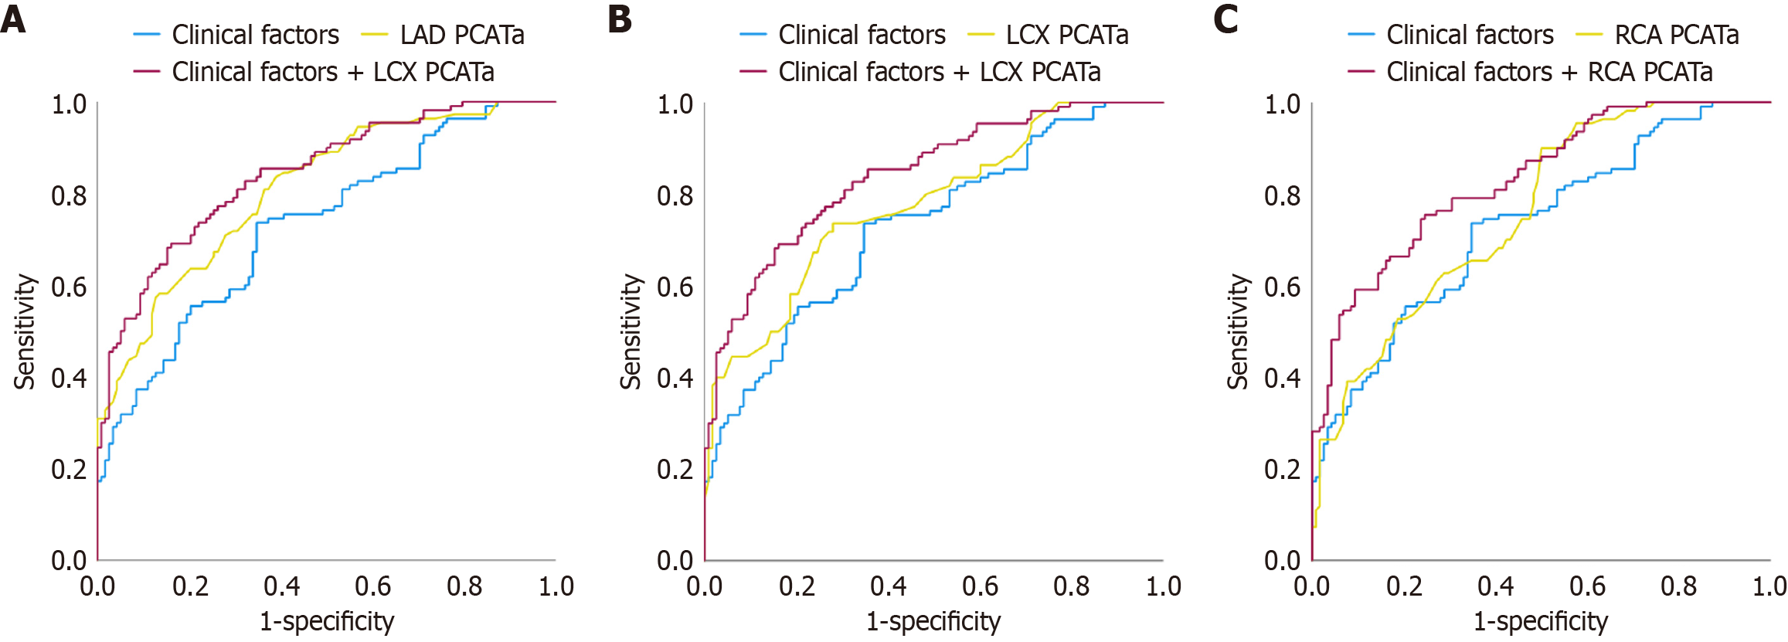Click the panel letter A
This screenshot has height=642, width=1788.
(13, 19)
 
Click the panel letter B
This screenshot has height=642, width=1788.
(620, 19)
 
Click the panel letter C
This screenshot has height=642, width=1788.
(1225, 19)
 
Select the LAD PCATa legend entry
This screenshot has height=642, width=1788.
(461, 35)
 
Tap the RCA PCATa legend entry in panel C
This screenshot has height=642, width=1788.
(1676, 35)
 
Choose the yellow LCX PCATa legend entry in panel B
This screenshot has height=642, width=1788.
(1066, 35)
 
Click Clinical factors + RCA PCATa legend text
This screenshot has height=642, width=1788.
(1548, 72)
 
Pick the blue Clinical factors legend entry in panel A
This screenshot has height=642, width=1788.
(254, 35)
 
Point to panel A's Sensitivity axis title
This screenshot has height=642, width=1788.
(25, 331)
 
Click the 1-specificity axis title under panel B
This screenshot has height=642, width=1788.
(933, 621)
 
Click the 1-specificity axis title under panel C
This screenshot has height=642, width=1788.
(1540, 621)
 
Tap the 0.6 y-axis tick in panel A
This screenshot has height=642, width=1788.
(69, 287)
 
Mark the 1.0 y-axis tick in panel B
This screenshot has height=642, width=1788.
(675, 104)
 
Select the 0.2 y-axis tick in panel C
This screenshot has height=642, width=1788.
(1282, 469)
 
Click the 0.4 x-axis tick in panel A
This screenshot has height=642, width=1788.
(281, 586)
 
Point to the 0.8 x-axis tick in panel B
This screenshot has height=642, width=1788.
(1071, 586)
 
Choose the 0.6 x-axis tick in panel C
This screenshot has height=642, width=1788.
(1587, 586)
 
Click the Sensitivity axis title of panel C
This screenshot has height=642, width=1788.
(1238, 331)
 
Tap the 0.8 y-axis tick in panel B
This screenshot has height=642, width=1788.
(675, 196)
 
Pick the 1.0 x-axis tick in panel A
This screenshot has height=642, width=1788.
(556, 586)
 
